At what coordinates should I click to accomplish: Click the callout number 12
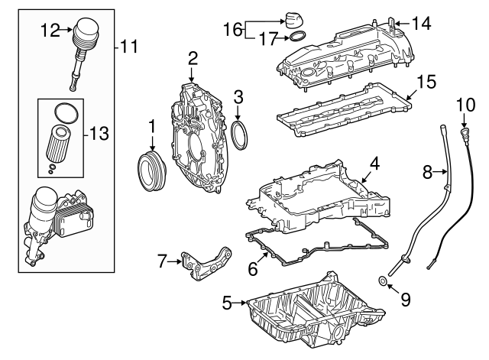coord(50,31)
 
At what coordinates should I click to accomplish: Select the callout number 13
coord(99,134)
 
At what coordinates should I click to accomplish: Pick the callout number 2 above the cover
coord(193,58)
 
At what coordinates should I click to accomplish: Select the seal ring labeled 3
coord(239,136)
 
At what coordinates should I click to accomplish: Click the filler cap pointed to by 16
coord(294,21)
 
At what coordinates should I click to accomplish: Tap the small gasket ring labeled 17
coord(297,37)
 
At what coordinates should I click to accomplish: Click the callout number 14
coord(421,24)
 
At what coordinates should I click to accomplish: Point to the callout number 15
coord(426,82)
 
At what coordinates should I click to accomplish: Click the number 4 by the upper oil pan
coord(374,164)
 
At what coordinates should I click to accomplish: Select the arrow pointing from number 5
coord(240,302)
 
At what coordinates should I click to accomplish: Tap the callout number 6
coord(253,269)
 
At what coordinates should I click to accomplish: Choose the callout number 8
coord(428,171)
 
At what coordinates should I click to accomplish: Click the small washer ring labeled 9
coord(383,281)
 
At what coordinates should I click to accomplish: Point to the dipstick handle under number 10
coord(465,133)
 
